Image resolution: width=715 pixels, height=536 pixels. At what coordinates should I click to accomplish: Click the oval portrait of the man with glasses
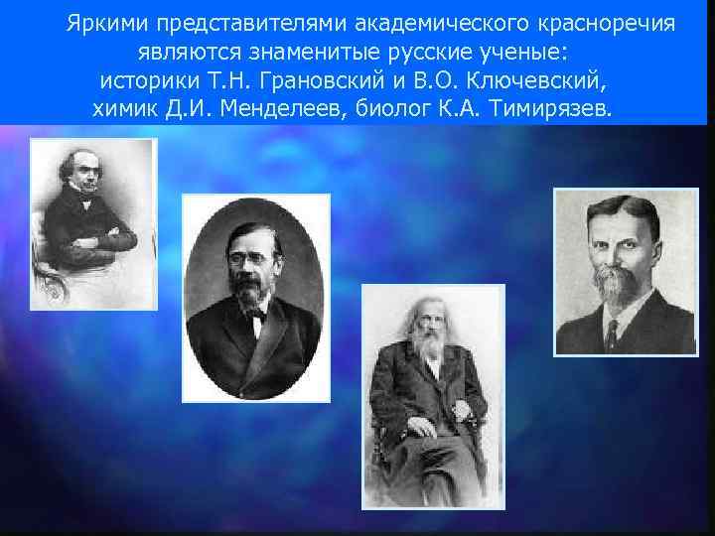coord(257,298)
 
